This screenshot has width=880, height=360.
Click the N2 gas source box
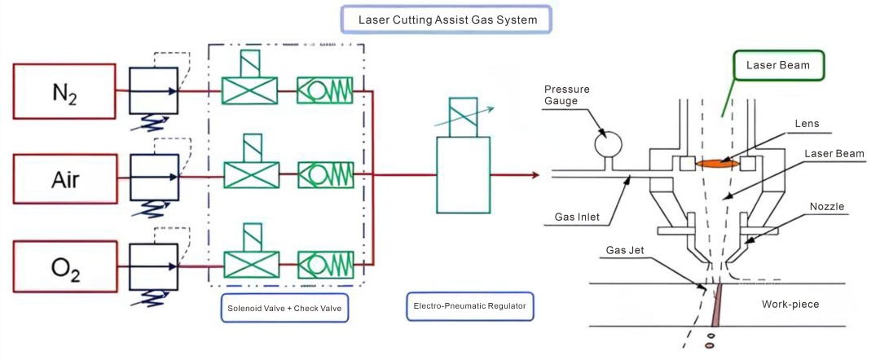tap(65, 92)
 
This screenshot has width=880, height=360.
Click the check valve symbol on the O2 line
tap(325, 265)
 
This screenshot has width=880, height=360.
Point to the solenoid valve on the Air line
tap(249, 175)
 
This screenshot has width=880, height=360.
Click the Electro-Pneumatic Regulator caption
tap(469, 306)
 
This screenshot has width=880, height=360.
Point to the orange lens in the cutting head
tap(717, 163)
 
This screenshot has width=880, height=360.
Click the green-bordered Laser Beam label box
tap(781, 66)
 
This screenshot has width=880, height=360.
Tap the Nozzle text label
tap(824, 207)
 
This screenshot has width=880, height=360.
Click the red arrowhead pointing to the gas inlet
tap(535, 175)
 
